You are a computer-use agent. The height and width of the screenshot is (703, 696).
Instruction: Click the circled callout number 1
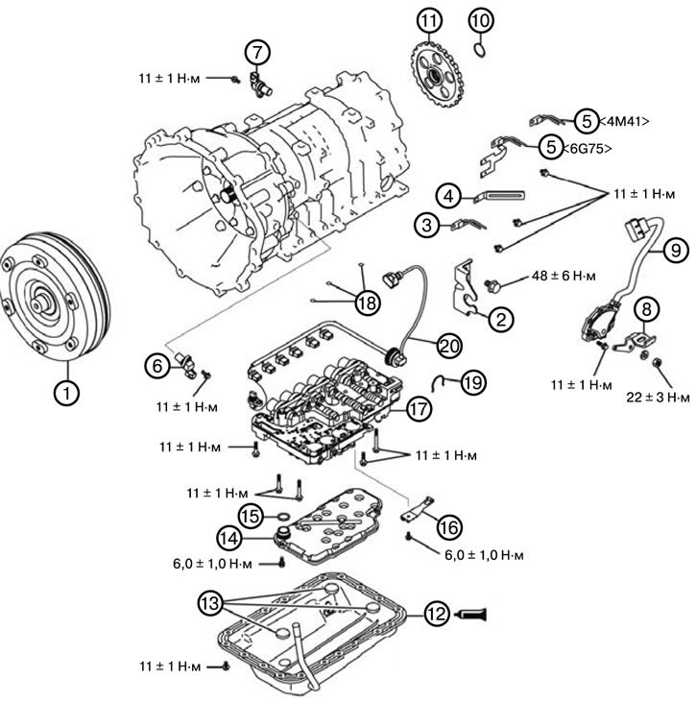tap(65, 392)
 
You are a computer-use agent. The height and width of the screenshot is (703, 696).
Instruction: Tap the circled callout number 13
tap(213, 603)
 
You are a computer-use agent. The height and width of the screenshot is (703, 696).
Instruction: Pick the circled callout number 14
tap(231, 538)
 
